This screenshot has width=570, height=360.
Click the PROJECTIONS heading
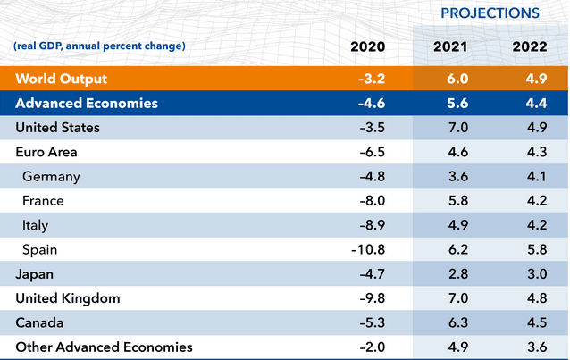(490, 13)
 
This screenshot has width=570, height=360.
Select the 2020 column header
(369, 46)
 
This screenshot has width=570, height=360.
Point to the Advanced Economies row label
(88, 104)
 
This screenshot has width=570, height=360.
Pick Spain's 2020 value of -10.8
(368, 249)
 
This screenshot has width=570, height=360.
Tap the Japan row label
(34, 273)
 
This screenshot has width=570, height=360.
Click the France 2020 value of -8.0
(372, 201)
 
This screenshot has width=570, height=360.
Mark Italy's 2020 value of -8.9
(372, 225)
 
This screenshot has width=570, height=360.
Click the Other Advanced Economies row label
(104, 347)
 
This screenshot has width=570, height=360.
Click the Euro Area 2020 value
(372, 152)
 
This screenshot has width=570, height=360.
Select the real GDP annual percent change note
(99, 46)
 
